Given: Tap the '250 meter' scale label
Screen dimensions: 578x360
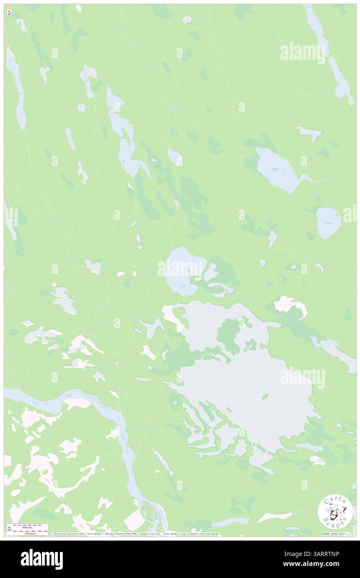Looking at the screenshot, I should [30, 534].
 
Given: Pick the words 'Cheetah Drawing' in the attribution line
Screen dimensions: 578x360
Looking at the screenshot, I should [62, 534].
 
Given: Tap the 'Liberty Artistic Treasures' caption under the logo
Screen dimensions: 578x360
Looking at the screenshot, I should [335, 534].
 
